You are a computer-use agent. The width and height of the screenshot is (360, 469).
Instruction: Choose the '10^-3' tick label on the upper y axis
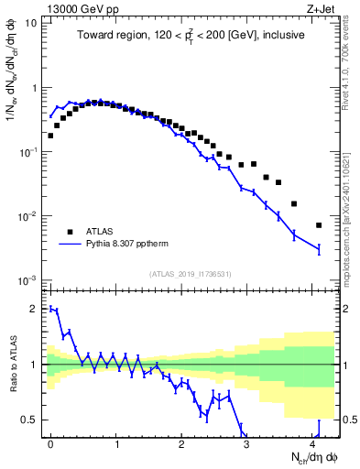click(28, 280)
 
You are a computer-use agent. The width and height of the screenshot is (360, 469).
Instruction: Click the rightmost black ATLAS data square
click(319, 224)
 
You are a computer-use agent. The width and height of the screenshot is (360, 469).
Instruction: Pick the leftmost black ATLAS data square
click(50, 136)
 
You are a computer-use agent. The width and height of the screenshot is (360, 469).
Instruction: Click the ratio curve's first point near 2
click(50, 309)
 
